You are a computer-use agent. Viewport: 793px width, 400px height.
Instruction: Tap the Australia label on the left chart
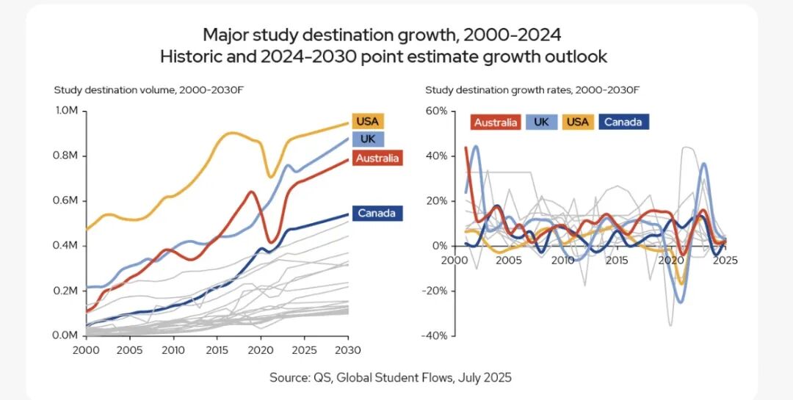(x=377, y=158)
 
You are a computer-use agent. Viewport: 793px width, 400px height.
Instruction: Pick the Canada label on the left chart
(x=377, y=214)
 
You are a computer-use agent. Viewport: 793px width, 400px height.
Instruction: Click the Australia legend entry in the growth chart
(x=496, y=123)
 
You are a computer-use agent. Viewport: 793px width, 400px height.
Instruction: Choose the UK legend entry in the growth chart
(x=542, y=123)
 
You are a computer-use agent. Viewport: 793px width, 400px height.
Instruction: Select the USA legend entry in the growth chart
(x=578, y=123)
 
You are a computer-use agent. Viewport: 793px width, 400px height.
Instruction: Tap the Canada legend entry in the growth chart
(x=624, y=123)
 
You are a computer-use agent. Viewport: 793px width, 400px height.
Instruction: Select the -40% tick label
(x=432, y=335)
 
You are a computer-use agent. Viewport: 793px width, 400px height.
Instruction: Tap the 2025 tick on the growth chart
(x=725, y=260)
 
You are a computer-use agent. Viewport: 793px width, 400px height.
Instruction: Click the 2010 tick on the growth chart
(x=563, y=260)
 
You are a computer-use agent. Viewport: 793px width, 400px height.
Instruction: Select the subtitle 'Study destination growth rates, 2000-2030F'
(x=532, y=90)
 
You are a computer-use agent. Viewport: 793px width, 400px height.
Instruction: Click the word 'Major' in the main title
(x=224, y=34)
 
